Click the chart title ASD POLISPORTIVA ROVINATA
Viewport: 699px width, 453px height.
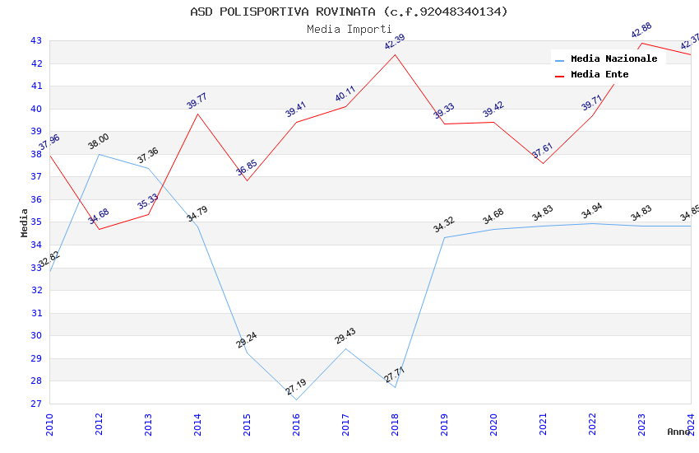(x=349, y=12)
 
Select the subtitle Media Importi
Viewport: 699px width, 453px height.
(x=349, y=29)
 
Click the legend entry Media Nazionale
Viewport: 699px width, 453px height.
(x=613, y=58)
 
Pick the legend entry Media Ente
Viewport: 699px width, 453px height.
(x=599, y=74)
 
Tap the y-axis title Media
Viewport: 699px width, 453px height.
(x=24, y=222)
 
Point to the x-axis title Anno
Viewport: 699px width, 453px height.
(x=678, y=432)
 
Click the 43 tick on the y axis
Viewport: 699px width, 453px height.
(x=36, y=40)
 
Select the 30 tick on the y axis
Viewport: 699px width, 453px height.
(x=36, y=335)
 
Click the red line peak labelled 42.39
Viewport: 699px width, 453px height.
(x=395, y=54)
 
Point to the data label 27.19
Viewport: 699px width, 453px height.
(x=296, y=387)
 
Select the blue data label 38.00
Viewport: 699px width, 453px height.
(x=99, y=142)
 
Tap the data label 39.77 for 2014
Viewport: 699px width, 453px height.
(x=197, y=100)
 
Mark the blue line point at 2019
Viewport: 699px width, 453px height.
(x=444, y=237)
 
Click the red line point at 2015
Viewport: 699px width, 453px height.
(x=247, y=180)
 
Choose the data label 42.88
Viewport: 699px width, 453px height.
(x=641, y=30)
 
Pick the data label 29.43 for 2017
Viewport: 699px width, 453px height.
(x=345, y=336)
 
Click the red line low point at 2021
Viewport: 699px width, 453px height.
(x=543, y=163)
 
